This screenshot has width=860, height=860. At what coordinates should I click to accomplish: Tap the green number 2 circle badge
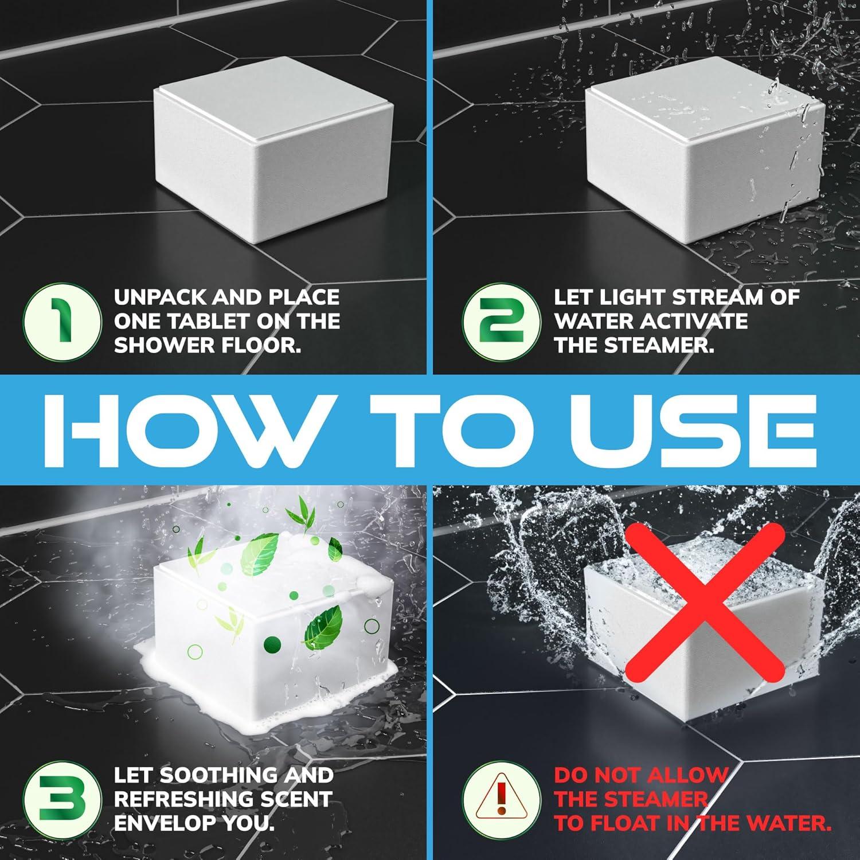tap(501, 322)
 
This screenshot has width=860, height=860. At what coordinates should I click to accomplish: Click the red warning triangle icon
tap(501, 799)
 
